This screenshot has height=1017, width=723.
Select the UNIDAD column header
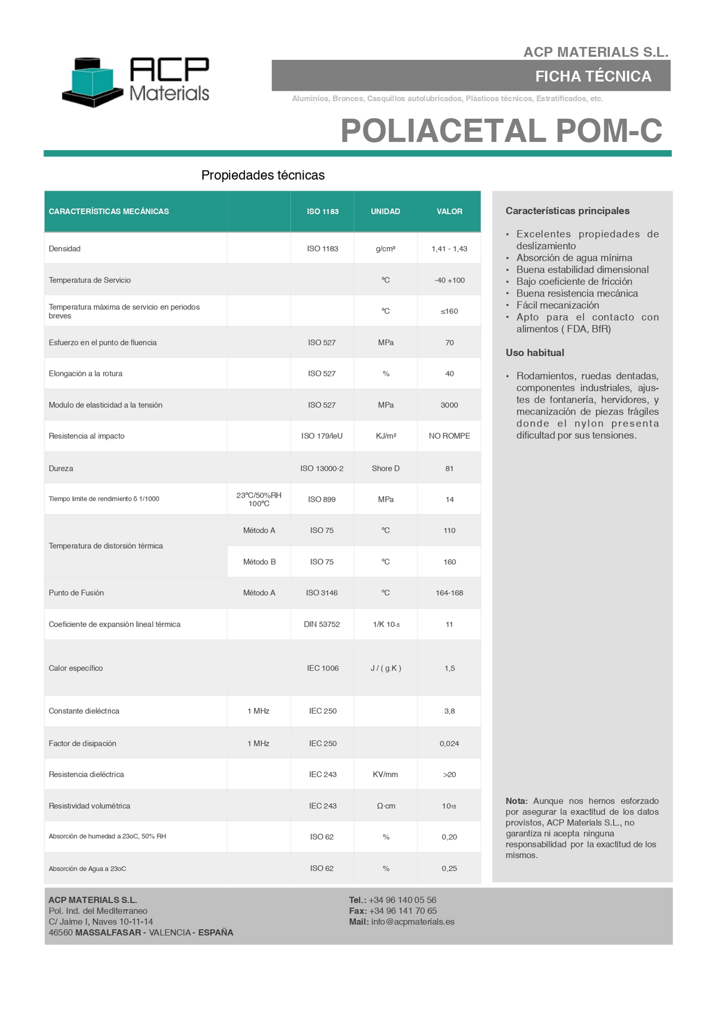385,212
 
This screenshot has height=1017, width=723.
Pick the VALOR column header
449,212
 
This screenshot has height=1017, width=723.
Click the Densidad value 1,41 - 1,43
449,249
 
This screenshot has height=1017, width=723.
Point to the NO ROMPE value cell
449,436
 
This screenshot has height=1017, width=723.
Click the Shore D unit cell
385,469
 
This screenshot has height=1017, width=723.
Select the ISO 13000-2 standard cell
322,469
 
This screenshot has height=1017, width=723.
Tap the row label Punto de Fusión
76,593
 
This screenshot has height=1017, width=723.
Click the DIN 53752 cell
322,625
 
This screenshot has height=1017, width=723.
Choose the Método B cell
259,562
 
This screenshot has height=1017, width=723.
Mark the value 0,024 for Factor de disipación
449,744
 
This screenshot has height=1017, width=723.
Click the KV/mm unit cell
385,775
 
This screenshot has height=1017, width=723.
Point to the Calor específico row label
76,669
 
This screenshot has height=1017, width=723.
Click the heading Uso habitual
535,353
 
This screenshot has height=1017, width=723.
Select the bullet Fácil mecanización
558,306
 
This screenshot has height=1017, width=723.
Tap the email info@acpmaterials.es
413,922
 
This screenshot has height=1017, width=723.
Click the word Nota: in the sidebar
516,801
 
